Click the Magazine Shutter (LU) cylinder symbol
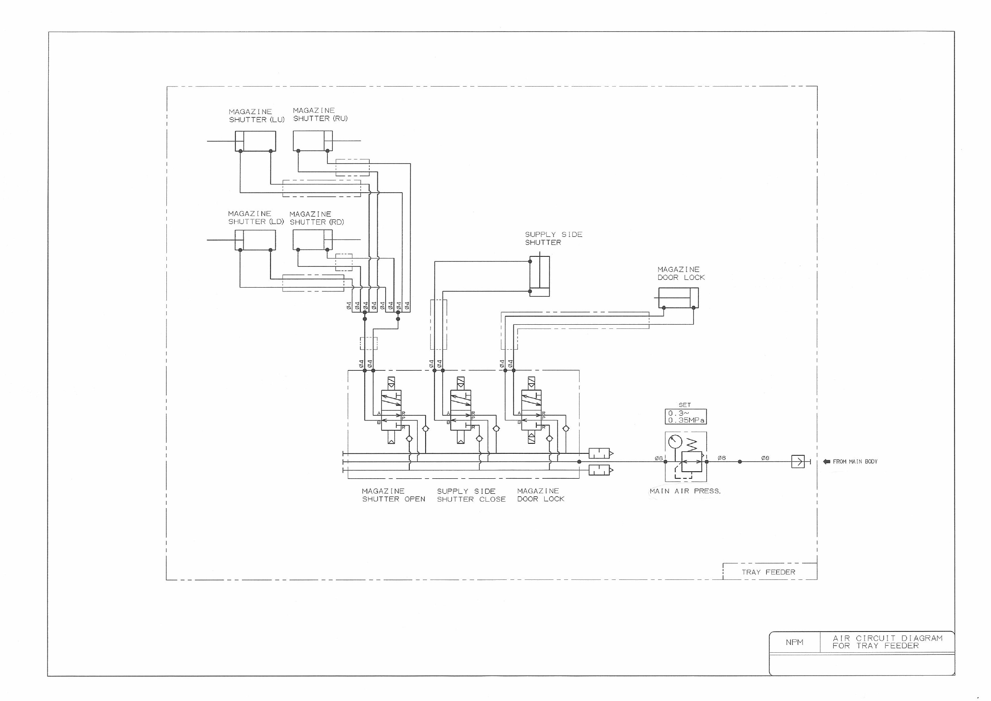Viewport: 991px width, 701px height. click(x=255, y=141)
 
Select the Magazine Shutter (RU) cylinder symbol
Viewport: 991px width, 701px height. click(x=313, y=141)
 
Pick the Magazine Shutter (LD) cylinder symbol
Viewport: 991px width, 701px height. click(x=255, y=240)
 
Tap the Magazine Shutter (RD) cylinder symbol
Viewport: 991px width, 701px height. click(x=312, y=240)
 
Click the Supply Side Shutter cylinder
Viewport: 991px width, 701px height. click(x=540, y=276)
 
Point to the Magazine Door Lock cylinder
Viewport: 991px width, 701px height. click(x=678, y=298)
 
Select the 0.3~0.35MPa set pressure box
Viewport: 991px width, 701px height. click(x=685, y=416)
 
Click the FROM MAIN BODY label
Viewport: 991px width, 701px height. click(x=855, y=461)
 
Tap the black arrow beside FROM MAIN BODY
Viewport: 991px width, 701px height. click(x=827, y=461)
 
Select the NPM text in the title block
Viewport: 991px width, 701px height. click(x=794, y=642)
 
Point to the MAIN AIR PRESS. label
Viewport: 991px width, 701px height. click(x=685, y=491)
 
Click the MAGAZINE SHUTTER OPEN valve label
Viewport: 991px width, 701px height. click(x=393, y=495)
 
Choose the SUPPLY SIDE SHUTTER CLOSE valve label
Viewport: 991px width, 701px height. click(x=471, y=495)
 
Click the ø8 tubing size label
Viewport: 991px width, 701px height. click(x=765, y=458)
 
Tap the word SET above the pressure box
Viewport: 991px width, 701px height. click(x=684, y=405)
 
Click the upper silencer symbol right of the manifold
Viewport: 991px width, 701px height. click(x=600, y=453)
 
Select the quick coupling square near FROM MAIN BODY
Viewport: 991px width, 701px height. click(x=798, y=461)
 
